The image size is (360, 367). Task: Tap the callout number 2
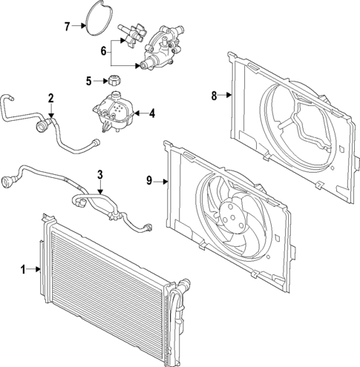(50, 98)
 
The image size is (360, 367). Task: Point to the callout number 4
(151, 113)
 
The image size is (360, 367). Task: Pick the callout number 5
(88, 81)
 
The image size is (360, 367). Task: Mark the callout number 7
(66, 27)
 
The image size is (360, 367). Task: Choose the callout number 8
(214, 95)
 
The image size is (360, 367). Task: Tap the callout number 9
(149, 180)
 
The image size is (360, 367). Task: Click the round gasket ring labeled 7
(94, 19)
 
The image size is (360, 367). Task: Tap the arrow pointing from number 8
(226, 95)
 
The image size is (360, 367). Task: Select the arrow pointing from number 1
(33, 269)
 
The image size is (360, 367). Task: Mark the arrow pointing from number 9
(161, 180)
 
